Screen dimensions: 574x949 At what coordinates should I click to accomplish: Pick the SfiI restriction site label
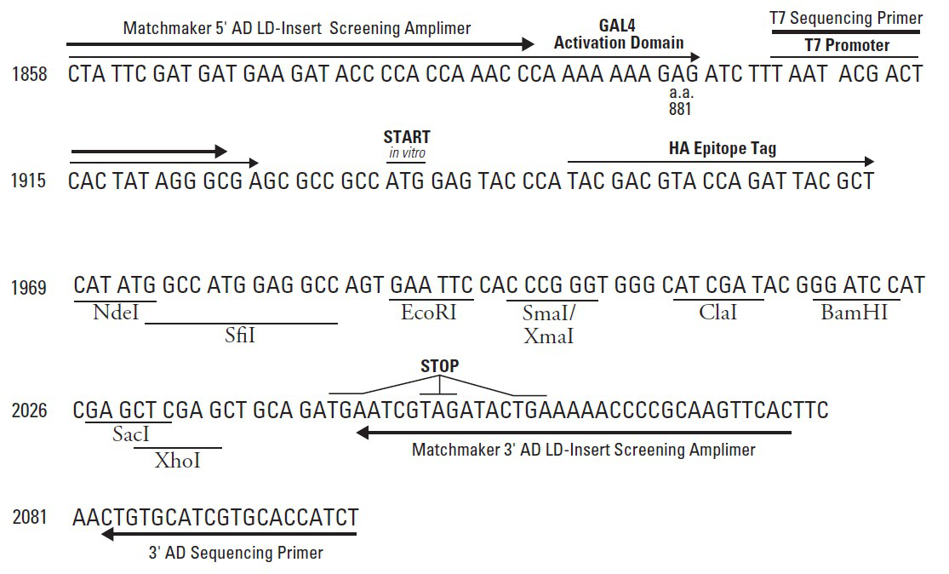[x=240, y=336]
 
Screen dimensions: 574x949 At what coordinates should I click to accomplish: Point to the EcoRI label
[x=429, y=313]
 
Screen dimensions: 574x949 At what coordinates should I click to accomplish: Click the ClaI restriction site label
[x=717, y=313]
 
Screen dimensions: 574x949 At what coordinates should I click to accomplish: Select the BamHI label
[x=854, y=313]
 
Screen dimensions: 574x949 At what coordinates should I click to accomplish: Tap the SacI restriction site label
[x=131, y=434]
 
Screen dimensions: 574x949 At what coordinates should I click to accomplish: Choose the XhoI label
[x=178, y=461]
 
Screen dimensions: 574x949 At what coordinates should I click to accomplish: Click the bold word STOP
[x=439, y=366]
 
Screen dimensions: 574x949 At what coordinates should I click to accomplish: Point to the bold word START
[x=407, y=137]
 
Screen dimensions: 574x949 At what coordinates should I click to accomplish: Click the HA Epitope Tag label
[x=723, y=148]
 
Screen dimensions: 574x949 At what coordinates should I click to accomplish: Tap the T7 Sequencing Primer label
[x=846, y=18]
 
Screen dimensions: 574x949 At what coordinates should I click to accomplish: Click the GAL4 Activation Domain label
[x=619, y=34]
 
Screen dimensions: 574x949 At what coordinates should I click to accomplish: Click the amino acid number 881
[x=680, y=109]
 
